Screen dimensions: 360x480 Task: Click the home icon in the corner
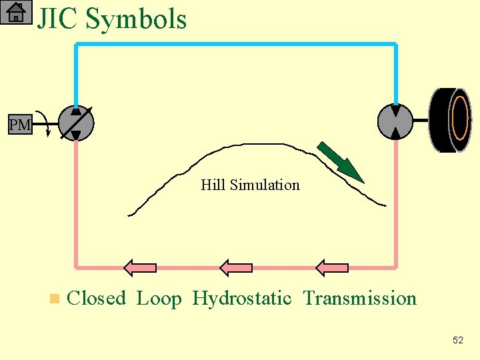coord(16,12)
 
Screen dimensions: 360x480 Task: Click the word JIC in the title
coord(59,19)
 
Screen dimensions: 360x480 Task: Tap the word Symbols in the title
coord(136,20)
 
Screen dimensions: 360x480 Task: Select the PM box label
coord(20,125)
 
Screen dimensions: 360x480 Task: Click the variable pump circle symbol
coord(76,123)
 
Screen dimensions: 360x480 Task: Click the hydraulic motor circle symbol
coord(395,122)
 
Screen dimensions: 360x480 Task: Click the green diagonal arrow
coord(340,162)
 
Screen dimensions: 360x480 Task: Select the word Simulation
coord(265,185)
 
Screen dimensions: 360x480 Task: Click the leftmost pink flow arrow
coord(140,268)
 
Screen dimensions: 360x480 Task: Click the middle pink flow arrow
coord(236,268)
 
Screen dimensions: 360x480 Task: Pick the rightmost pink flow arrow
coord(332,268)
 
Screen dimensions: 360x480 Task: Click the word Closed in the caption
coord(97,298)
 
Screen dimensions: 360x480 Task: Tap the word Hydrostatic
coord(242,299)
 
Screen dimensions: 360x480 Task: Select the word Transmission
coord(360,298)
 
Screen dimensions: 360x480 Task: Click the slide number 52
coord(457,340)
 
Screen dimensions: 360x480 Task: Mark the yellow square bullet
coord(54,299)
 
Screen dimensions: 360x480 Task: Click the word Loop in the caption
coord(159,299)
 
